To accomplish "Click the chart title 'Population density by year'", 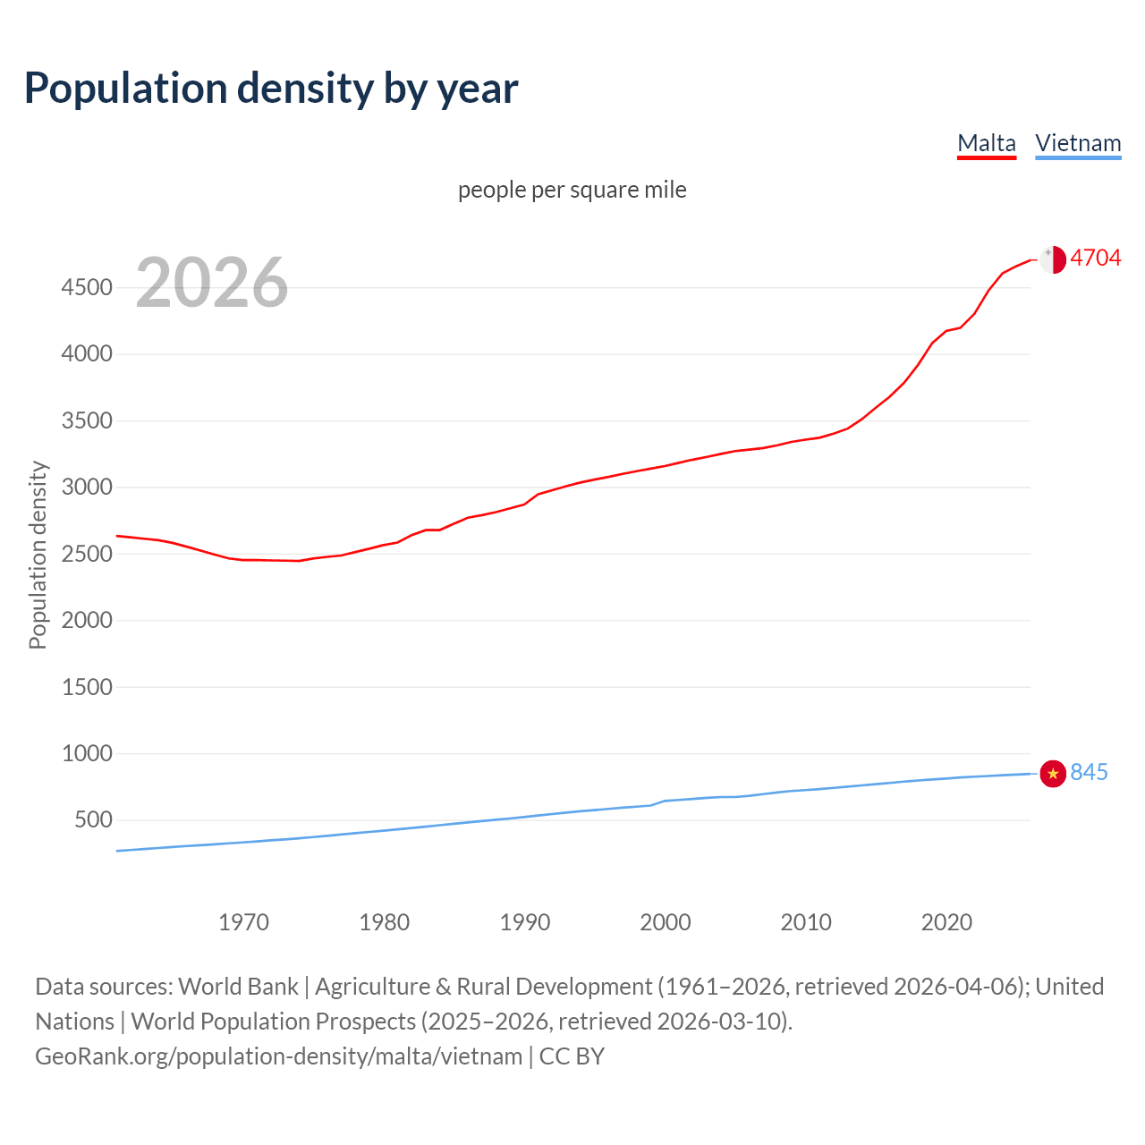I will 271,88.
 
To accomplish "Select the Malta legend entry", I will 986,143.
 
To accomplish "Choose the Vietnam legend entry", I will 1078,143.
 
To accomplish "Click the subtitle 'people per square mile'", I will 572,190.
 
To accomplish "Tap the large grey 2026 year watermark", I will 212,283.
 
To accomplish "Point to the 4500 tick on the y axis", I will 87,287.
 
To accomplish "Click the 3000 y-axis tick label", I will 87,487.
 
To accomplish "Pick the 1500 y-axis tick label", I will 87,687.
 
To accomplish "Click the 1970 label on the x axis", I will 243,921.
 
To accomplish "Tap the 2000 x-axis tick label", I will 665,921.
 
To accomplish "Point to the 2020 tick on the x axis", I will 946,921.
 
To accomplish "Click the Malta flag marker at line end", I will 1053,259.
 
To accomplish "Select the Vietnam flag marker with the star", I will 1053,773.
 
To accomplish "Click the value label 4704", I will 1095,258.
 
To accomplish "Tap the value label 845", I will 1089,772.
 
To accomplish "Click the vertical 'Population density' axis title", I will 38,555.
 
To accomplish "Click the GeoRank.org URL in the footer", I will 278,1056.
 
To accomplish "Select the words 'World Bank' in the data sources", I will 238,987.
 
